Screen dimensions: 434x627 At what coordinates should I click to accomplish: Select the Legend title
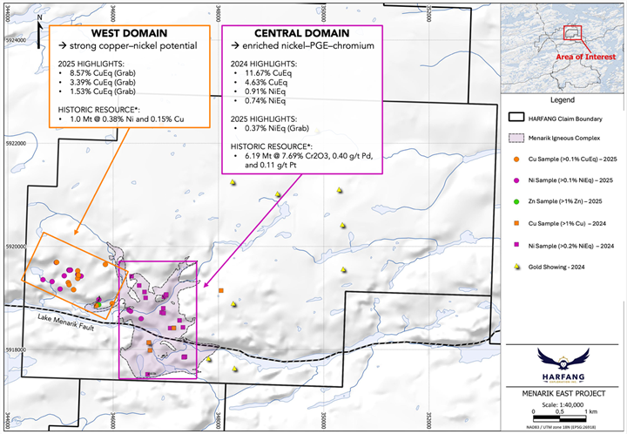560,100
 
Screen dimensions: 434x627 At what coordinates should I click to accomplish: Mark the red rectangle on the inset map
573,33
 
